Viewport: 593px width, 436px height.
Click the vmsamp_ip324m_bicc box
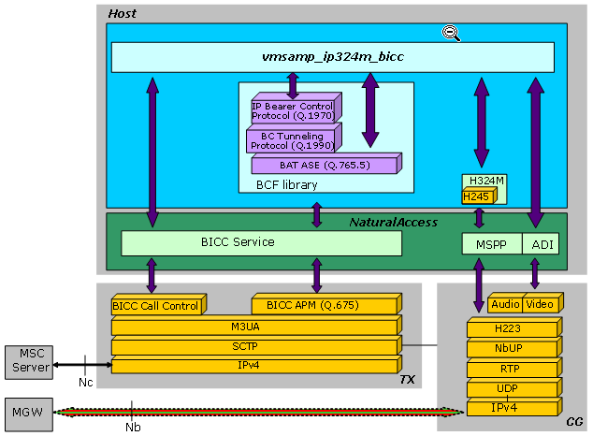(332, 57)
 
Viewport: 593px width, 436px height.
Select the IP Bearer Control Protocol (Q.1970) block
(290, 111)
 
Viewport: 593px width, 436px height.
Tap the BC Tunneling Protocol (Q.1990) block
(291, 141)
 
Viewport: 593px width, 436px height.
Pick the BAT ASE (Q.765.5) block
(324, 166)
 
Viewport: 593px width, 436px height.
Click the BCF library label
(286, 185)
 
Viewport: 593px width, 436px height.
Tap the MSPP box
(490, 244)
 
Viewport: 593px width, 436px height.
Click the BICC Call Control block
(155, 306)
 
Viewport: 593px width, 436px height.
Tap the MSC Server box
(31, 359)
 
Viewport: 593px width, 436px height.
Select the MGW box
(26, 411)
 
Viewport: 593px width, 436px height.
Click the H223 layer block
(512, 328)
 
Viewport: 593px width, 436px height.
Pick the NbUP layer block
(512, 349)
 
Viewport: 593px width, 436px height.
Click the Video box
(540, 304)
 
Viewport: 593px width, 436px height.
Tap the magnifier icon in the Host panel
(450, 33)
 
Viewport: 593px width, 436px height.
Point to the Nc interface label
(85, 383)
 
